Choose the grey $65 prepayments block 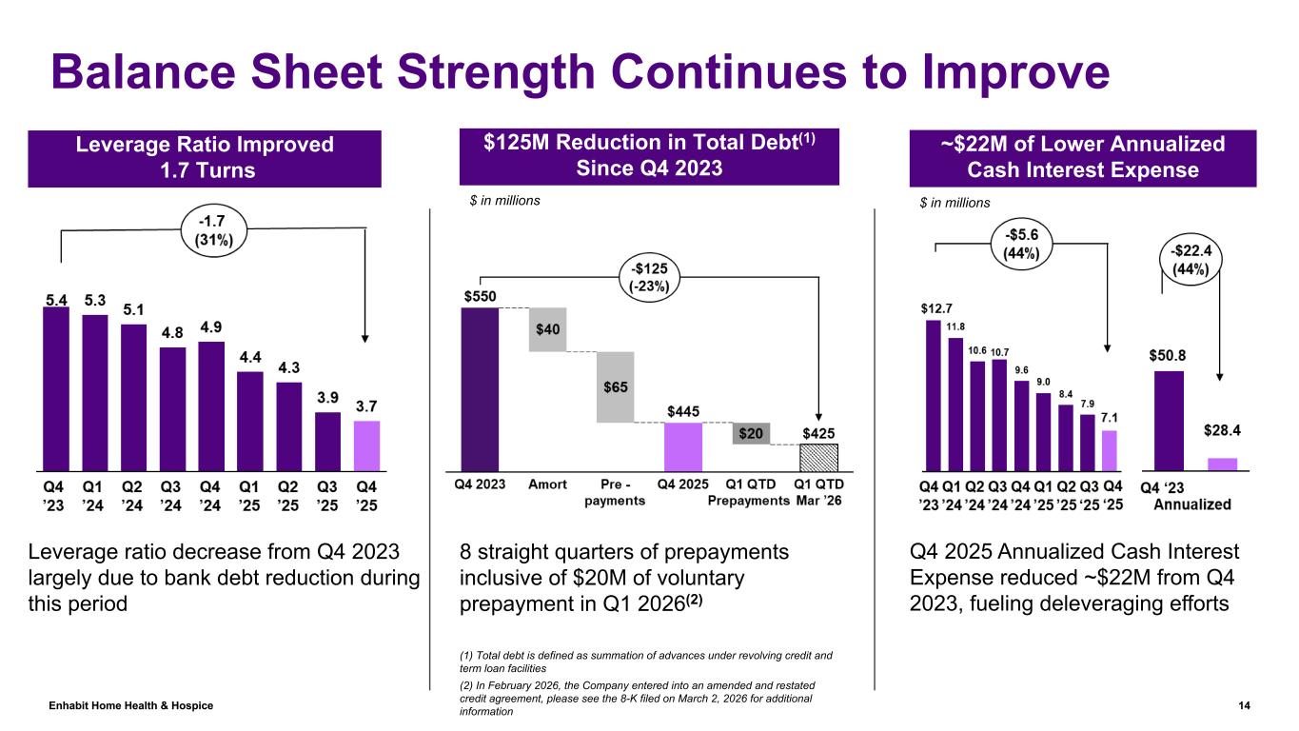(x=615, y=387)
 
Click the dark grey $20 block (x=751, y=433)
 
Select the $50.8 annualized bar (x=1169, y=420)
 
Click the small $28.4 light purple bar (x=1223, y=464)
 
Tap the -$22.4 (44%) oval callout (x=1190, y=259)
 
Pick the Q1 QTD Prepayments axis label (x=751, y=492)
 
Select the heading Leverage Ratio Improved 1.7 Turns (x=206, y=158)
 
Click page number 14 (x=1244, y=705)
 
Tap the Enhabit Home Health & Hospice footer (x=131, y=705)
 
